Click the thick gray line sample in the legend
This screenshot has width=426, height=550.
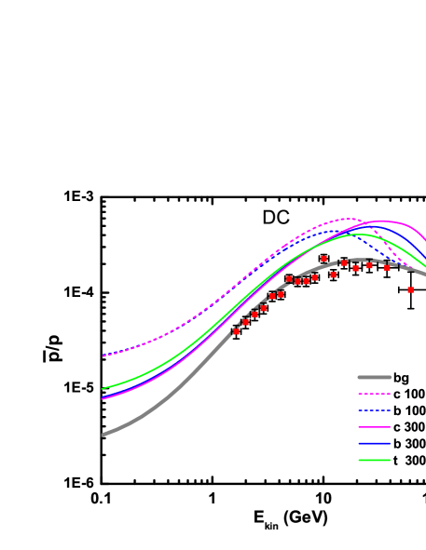point(374,377)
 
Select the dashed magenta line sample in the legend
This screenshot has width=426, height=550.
point(374,394)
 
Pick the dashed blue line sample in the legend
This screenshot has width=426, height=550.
point(374,410)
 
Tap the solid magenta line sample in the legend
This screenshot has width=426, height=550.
point(374,427)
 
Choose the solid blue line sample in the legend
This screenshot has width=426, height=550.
point(374,443)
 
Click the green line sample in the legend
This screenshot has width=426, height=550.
point(374,460)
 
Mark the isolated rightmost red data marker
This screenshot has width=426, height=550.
point(410,289)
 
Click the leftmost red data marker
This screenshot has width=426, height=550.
point(236,331)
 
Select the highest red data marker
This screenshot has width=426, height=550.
point(323,259)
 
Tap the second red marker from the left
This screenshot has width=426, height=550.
point(245,322)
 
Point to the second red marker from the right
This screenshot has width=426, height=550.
point(387,268)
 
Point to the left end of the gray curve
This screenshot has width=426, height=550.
point(103,435)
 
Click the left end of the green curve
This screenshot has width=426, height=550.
point(103,389)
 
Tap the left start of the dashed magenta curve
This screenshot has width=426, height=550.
point(103,355)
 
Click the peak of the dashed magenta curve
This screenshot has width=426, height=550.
point(347,219)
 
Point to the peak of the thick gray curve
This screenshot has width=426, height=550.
point(359,260)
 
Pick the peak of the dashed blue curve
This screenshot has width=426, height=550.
point(331,231)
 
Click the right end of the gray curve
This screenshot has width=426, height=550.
point(424,274)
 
